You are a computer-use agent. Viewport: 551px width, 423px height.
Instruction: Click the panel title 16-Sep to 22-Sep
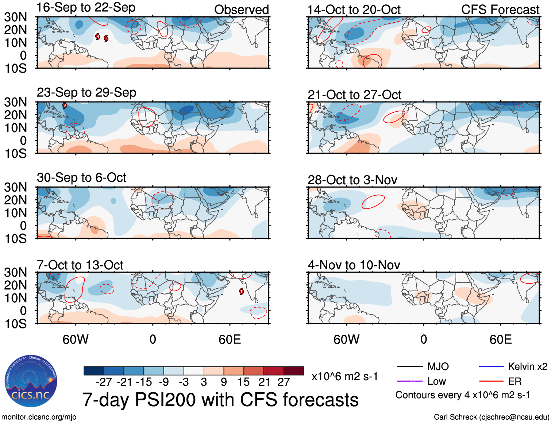pyautogui.click(x=86, y=8)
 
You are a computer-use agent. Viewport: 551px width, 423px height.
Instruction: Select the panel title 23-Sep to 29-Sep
pyautogui.click(x=86, y=93)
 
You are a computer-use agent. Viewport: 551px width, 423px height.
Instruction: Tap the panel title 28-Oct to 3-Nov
pyautogui.click(x=352, y=180)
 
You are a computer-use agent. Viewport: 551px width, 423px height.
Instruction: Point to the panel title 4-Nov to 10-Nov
pyautogui.click(x=354, y=265)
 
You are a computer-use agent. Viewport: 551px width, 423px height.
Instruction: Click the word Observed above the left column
pyautogui.click(x=242, y=10)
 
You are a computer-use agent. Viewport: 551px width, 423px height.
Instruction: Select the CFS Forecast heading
pyautogui.click(x=500, y=10)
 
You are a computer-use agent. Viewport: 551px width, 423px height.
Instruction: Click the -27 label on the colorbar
pyautogui.click(x=104, y=382)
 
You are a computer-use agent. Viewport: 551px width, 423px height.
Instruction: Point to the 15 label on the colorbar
pyautogui.click(x=244, y=382)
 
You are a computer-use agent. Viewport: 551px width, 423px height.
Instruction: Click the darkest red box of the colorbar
pyautogui.click(x=294, y=371)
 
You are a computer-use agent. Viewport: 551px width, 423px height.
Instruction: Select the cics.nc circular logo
pyautogui.click(x=31, y=381)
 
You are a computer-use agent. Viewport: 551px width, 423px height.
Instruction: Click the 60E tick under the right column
pyautogui.click(x=501, y=339)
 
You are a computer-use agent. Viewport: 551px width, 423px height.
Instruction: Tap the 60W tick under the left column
pyautogui.click(x=76, y=339)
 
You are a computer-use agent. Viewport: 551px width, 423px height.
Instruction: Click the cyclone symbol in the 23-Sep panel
pyautogui.click(x=65, y=105)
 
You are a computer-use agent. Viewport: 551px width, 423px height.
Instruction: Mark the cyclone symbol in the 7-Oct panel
pyautogui.click(x=242, y=291)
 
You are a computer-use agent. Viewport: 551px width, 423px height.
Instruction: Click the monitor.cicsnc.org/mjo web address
pyautogui.click(x=39, y=417)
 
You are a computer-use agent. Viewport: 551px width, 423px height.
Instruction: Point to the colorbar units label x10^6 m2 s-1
pyautogui.click(x=344, y=377)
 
